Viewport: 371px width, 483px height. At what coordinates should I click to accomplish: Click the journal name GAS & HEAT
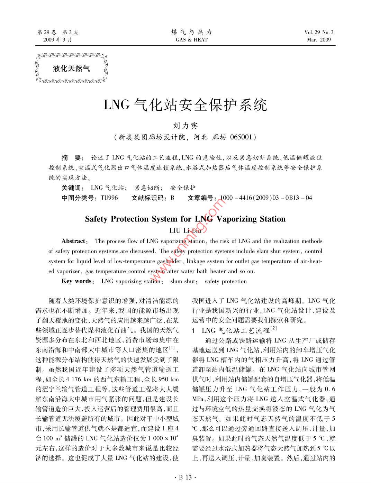[x=191, y=40]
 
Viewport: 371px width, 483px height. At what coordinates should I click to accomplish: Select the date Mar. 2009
[x=319, y=40]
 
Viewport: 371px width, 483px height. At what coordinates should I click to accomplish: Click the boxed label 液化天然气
[x=72, y=69]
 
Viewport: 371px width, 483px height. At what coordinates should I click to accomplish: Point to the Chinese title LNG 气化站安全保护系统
[x=185, y=105]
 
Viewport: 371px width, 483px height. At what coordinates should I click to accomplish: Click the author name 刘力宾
[x=185, y=126]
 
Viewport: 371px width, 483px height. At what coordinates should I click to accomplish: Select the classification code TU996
[x=109, y=198]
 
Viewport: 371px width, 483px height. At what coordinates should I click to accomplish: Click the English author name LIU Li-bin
[x=185, y=230]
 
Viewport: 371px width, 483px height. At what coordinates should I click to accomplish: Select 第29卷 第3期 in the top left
[x=58, y=33]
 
